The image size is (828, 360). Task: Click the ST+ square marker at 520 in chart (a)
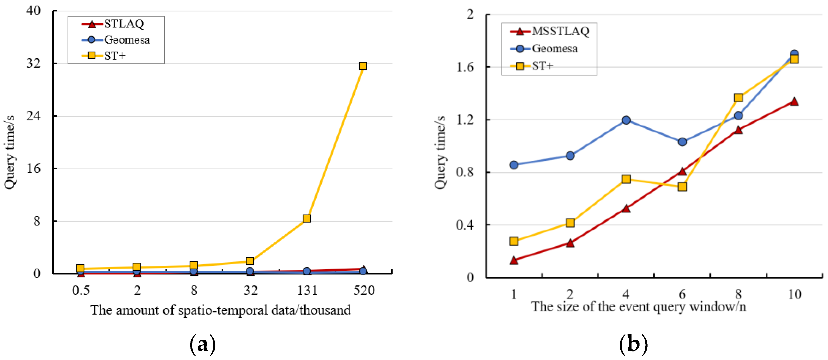pos(363,66)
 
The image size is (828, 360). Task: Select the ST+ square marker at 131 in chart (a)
pos(307,218)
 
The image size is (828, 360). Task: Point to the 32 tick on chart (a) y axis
pos(33,63)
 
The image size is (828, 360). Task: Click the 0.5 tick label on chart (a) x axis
pos(81,290)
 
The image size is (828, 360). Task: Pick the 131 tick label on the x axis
pos(307,290)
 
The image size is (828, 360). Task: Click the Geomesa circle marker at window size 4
pos(626,120)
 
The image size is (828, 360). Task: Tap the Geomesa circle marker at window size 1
pos(514,165)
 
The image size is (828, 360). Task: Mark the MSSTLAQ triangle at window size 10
pos(794,102)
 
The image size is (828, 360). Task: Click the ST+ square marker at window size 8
pos(738,98)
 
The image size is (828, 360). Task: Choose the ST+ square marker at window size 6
pos(682,187)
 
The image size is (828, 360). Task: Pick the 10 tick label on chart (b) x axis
pos(794,294)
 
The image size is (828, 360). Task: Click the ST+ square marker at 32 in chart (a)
pos(250,261)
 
